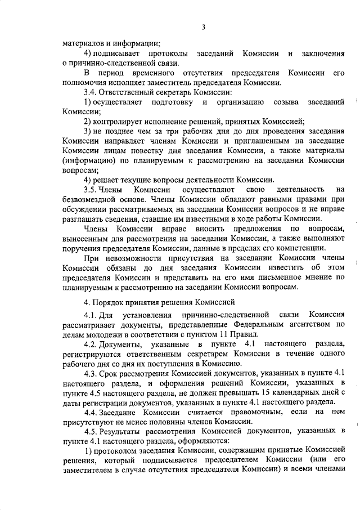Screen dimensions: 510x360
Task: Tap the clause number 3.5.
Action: [x=91, y=191]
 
